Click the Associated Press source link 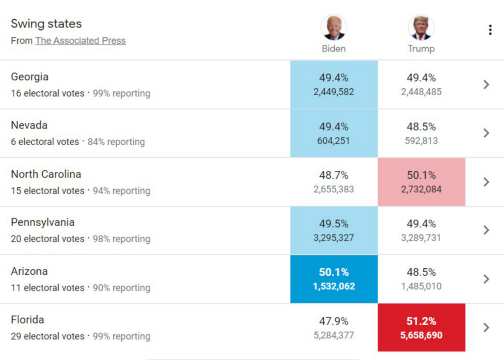coord(80,41)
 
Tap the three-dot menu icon coord(490,30)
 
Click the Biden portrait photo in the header coord(334,28)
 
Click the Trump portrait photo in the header coord(421,28)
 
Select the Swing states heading coord(46,24)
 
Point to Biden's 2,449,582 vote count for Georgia coord(334,92)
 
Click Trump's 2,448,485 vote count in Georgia coord(421,92)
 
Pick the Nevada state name coord(29,125)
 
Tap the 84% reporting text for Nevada coord(116,142)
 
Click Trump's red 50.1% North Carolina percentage coord(421,175)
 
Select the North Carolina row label coord(46,174)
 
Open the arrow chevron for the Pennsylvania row coord(486,230)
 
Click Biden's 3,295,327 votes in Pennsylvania coord(334,238)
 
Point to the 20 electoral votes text coord(48,239)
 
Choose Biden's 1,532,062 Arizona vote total coord(334,286)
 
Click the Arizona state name coord(29,271)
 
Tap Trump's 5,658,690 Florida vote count coord(421,335)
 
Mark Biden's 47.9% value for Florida coord(334,321)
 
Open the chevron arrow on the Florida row coord(486,327)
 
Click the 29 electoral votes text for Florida coord(48,336)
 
